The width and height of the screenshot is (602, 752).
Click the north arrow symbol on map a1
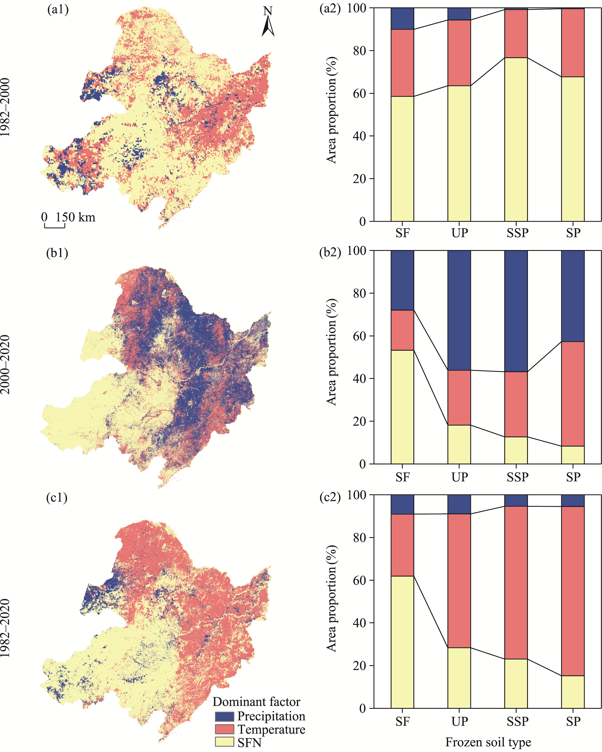tap(268, 23)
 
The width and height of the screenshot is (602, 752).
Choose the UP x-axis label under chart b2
tap(459, 477)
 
